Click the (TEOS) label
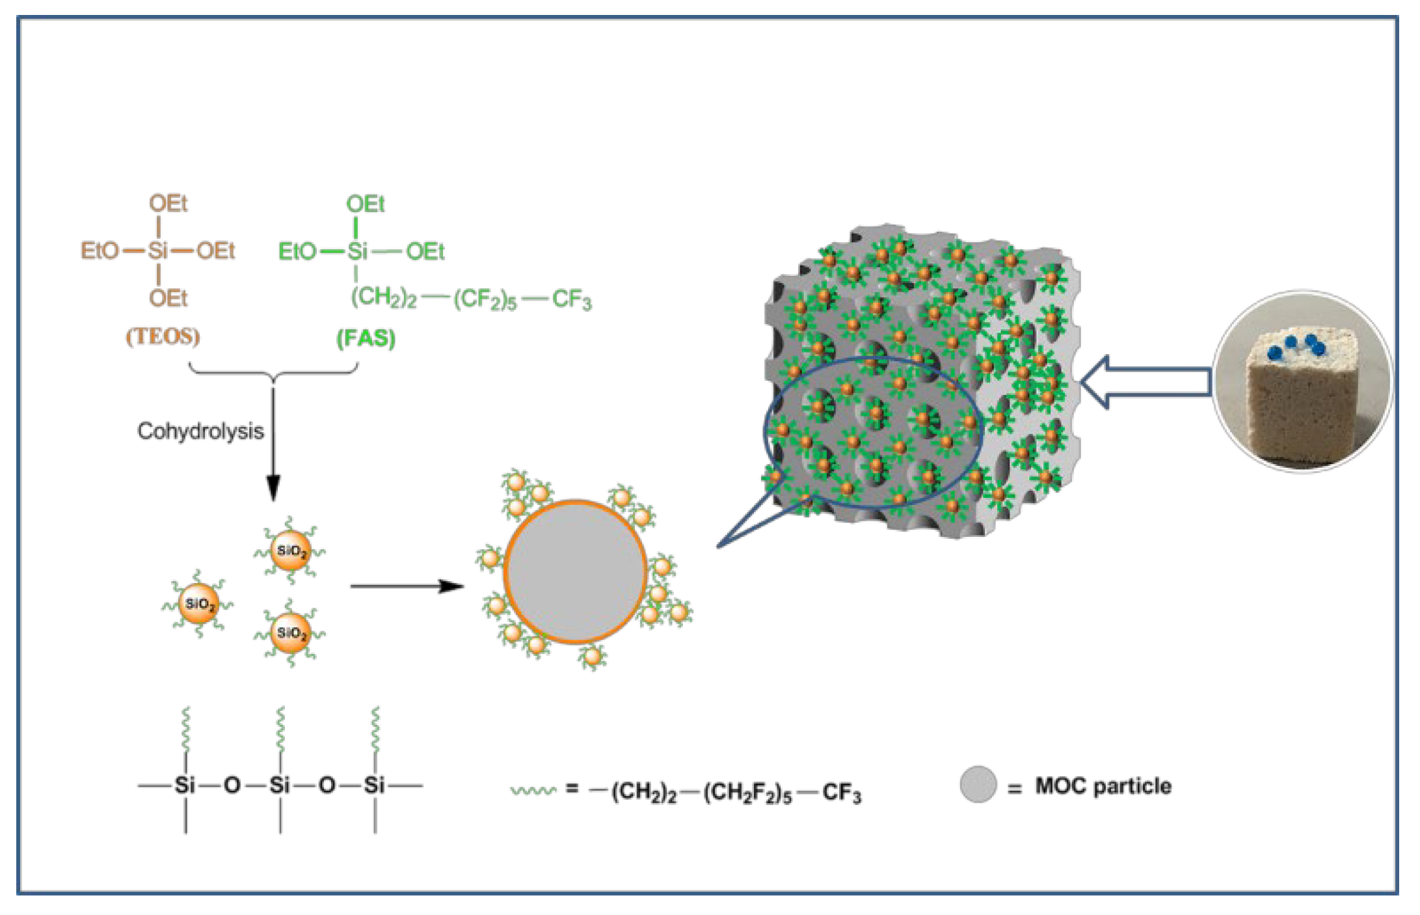tap(163, 336)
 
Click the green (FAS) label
tap(366, 338)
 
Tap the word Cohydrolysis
tap(200, 431)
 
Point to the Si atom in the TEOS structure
tap(158, 251)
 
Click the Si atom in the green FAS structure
tap(356, 251)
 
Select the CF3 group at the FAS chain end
tap(571, 300)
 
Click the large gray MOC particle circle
tap(575, 571)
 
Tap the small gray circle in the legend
tap(978, 784)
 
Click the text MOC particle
tap(1103, 786)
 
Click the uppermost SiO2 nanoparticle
tap(290, 551)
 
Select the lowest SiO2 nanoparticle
tap(290, 633)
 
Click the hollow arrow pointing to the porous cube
tap(1145, 382)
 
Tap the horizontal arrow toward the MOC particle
tap(407, 586)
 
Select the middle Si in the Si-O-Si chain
tap(280, 785)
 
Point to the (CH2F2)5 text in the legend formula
tap(747, 793)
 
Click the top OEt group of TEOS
tap(168, 204)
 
